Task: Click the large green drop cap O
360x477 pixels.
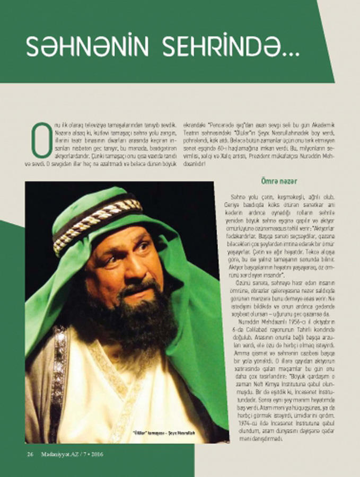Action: click(x=41, y=140)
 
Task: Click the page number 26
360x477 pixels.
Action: click(x=30, y=454)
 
